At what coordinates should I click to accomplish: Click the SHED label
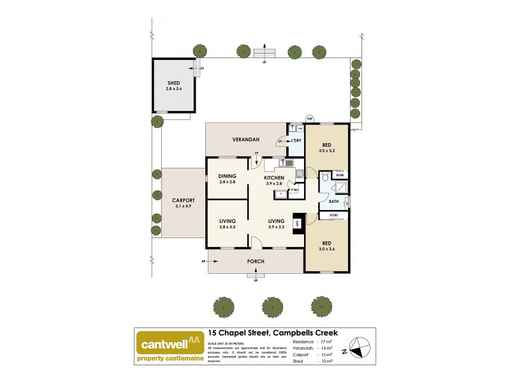[x=173, y=83]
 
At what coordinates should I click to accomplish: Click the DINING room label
[x=228, y=176]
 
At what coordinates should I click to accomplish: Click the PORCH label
[x=255, y=261]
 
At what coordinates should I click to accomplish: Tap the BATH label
[x=333, y=202]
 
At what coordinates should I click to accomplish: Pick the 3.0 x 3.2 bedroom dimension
[x=326, y=151]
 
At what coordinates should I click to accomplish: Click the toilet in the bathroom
[x=326, y=184]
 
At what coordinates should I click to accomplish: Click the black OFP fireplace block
[x=296, y=223]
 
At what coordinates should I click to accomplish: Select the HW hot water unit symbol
[x=310, y=118]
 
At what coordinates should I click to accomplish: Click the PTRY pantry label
[x=295, y=190]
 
